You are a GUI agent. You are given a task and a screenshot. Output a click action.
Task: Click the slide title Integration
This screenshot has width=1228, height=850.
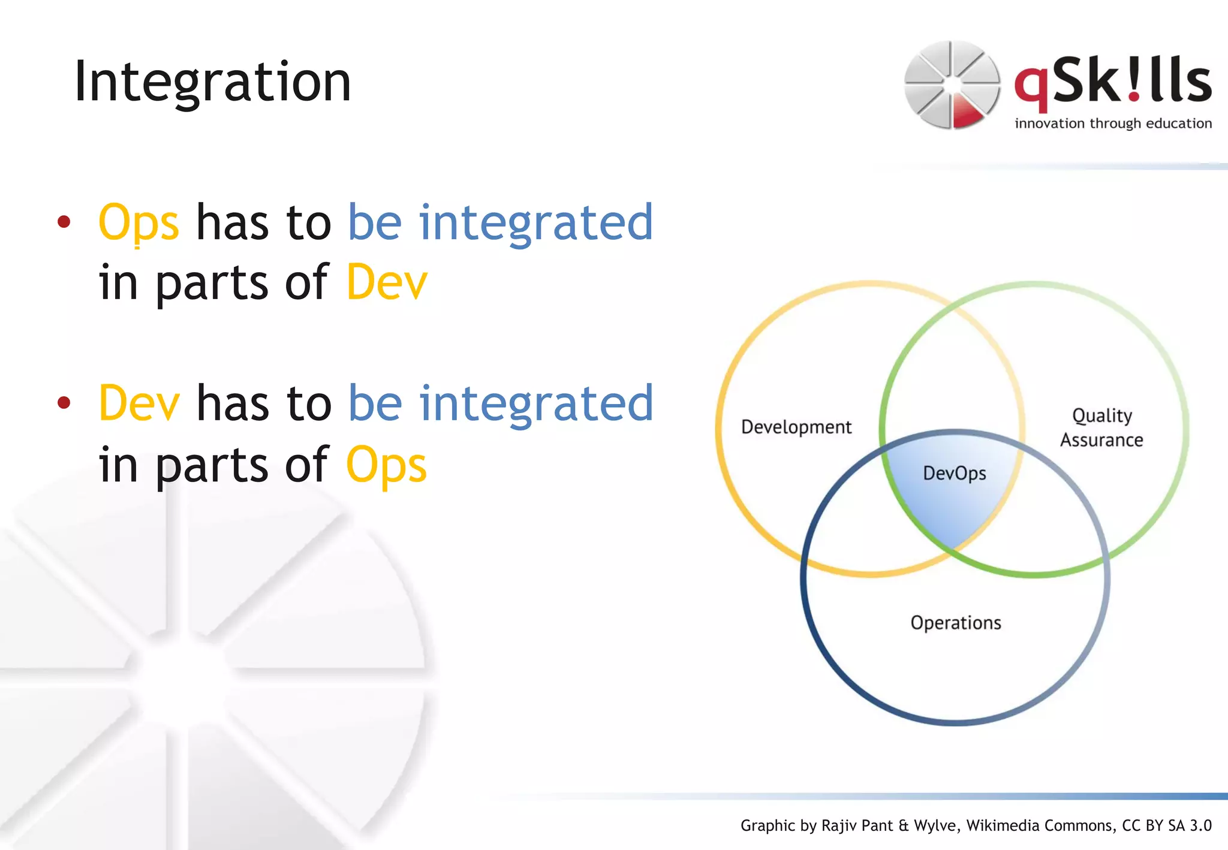pyautogui.click(x=212, y=82)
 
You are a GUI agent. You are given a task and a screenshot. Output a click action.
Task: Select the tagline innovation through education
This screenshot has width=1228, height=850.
pyautogui.click(x=1113, y=123)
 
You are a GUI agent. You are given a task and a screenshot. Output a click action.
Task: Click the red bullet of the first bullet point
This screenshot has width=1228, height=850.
pyautogui.click(x=64, y=222)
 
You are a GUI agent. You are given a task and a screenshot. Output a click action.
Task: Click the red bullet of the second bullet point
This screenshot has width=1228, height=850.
pyautogui.click(x=64, y=403)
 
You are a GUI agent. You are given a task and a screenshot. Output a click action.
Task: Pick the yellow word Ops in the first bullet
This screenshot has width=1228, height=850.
pyautogui.click(x=139, y=222)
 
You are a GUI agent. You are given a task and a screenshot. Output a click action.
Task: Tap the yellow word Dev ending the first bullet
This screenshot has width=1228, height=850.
pyautogui.click(x=387, y=282)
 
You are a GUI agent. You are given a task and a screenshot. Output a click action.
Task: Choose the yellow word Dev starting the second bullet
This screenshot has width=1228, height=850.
pyautogui.click(x=139, y=403)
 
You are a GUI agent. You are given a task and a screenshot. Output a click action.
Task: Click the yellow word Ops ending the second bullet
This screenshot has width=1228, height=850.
pyautogui.click(x=387, y=465)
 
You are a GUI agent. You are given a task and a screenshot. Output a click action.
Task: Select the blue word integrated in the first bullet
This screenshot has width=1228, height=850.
pyautogui.click(x=535, y=222)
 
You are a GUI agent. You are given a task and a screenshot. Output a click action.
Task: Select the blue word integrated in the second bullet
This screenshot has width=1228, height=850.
pyautogui.click(x=535, y=403)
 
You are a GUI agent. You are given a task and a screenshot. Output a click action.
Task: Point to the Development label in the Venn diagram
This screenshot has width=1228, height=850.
pyautogui.click(x=796, y=427)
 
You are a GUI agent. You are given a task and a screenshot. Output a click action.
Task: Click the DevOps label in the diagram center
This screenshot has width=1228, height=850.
pyautogui.click(x=954, y=473)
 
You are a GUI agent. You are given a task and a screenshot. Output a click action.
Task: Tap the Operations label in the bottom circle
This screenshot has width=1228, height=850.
pyautogui.click(x=956, y=623)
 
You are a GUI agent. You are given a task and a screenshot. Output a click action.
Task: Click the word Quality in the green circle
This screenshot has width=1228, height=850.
pyautogui.click(x=1102, y=415)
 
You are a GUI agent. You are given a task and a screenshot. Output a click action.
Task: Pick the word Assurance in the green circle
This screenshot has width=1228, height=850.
pyautogui.click(x=1101, y=440)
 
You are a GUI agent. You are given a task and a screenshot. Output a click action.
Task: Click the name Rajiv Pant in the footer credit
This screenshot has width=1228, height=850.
pyautogui.click(x=858, y=825)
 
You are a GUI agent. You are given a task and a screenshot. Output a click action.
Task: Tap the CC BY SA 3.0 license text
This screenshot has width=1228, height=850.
pyautogui.click(x=1167, y=825)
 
